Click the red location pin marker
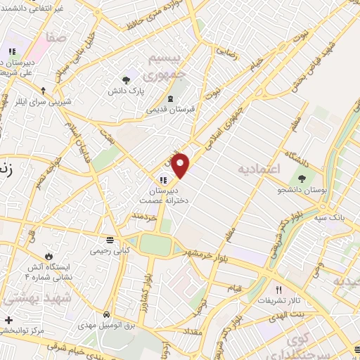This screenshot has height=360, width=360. tap(181, 165)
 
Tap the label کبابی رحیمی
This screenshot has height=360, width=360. tap(108, 250)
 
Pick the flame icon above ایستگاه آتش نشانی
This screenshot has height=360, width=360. tap(49, 255)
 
